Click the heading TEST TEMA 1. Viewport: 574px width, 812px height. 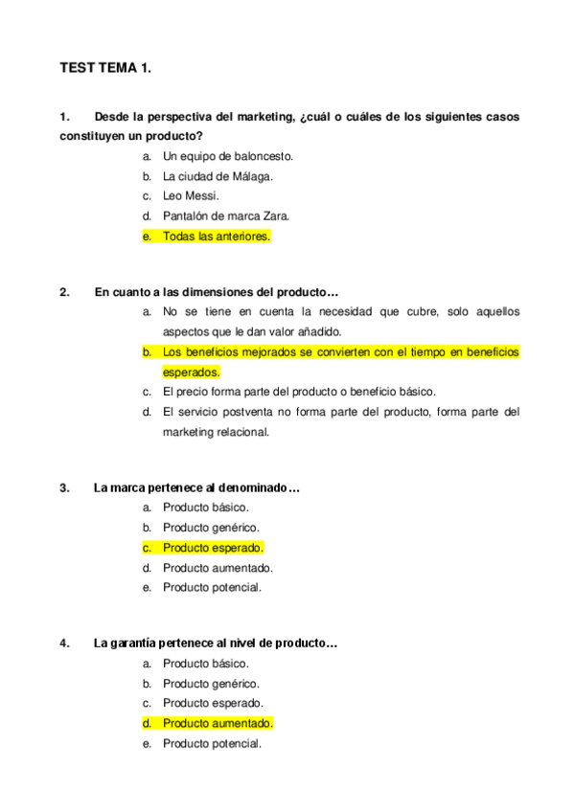coord(105,69)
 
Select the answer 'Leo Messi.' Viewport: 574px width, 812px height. coord(191,196)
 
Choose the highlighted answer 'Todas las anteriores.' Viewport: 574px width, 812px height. coord(217,237)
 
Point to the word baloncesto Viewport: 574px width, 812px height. coord(263,156)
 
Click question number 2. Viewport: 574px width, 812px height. coord(64,292)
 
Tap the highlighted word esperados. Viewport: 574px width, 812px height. coord(191,372)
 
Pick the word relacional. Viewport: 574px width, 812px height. coord(239,432)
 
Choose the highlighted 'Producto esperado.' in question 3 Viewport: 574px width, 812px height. coord(213,548)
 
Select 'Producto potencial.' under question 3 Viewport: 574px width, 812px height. coord(212,587)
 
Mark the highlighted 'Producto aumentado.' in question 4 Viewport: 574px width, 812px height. coord(218,723)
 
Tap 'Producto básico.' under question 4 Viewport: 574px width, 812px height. coord(205,664)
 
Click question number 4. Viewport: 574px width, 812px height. coord(64,643)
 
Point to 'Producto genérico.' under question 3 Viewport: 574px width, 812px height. coord(211,528)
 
